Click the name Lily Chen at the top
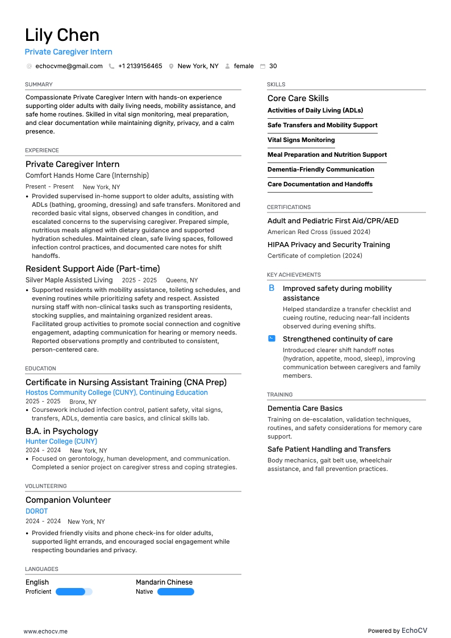pos(62,35)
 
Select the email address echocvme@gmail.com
pos(69,66)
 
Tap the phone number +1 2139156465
pos(140,66)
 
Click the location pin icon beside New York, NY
pos(171,66)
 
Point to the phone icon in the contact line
pos(111,66)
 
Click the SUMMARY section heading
pos(39,85)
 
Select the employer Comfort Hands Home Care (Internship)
pos(87,176)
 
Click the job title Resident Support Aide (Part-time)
pos(93,269)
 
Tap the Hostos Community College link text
pos(116,393)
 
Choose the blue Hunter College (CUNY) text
pos(61,441)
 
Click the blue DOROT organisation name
pos(36,511)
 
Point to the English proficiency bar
pos(74,591)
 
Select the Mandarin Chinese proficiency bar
pos(176,591)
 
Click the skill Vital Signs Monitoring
pos(301,140)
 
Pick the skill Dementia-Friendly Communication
pos(321,169)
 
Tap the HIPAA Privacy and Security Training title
pos(328,245)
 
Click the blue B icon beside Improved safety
pos(272,289)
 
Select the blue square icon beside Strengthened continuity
pos(272,339)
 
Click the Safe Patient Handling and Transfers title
pos(329,449)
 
